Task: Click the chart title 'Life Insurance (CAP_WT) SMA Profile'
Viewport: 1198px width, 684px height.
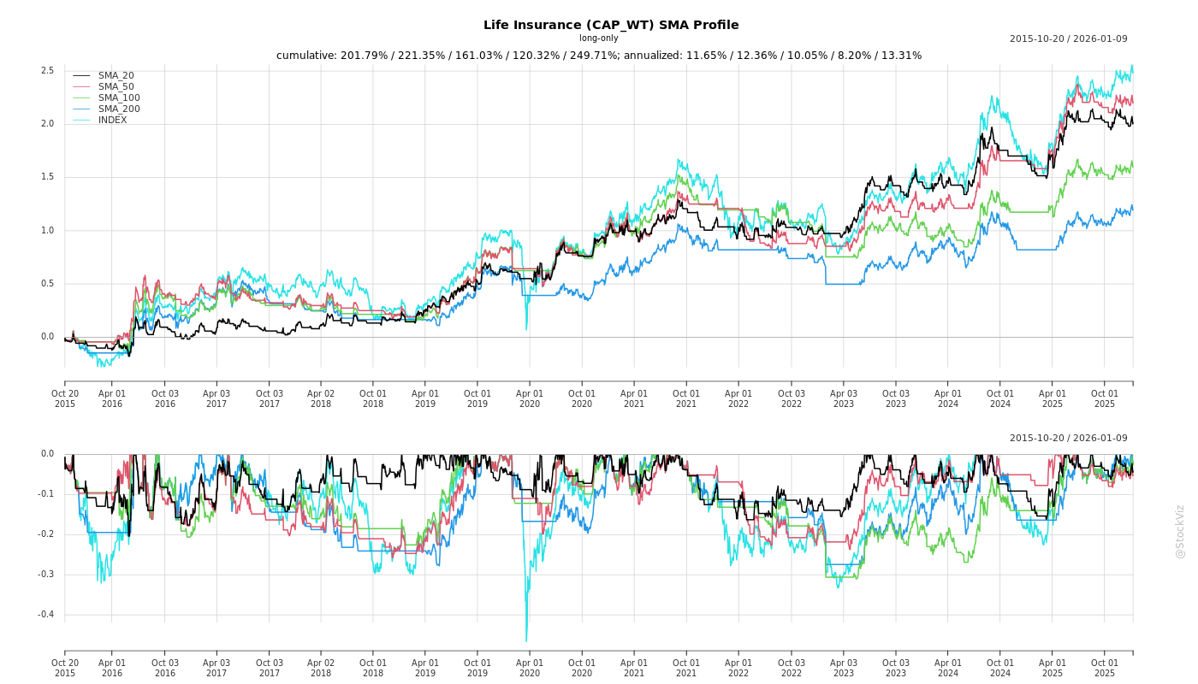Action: pos(611,25)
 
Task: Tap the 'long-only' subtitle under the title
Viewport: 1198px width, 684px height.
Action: pos(598,38)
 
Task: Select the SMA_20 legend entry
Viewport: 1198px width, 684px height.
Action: pos(116,75)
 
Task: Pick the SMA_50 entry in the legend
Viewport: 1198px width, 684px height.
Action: pos(116,86)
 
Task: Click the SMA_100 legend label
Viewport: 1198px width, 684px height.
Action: pos(119,97)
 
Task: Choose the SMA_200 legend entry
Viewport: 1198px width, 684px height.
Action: pos(119,109)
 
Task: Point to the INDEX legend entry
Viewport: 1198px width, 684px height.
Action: pos(112,120)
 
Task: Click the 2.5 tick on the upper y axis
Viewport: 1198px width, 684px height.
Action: pos(47,70)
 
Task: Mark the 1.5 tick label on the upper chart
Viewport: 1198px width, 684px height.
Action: pos(47,177)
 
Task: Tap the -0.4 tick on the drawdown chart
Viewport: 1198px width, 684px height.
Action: pos(45,615)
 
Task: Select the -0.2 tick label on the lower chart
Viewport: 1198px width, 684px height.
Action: pos(45,534)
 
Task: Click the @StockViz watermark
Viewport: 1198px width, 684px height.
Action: pos(1180,531)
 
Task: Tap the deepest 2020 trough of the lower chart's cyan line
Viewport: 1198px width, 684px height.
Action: pos(526,640)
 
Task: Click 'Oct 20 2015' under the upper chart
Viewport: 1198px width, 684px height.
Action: pos(65,398)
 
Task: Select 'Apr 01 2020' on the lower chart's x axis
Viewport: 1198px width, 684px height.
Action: pos(530,668)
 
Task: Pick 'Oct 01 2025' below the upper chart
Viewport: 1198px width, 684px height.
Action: pos(1105,398)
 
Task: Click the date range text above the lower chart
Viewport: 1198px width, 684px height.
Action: pos(1068,438)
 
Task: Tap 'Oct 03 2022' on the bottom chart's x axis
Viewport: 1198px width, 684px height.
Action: pos(792,668)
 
